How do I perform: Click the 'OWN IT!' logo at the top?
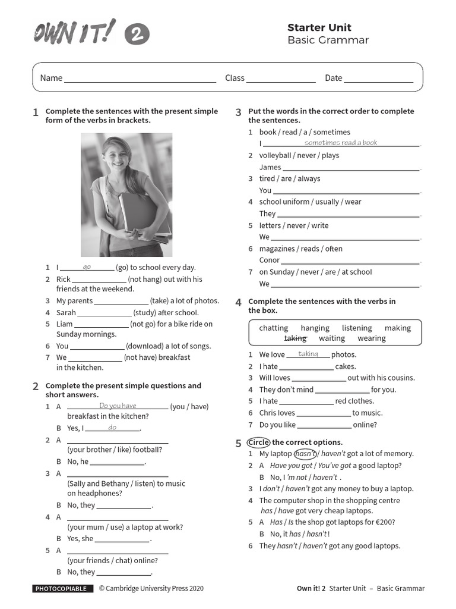click(74, 33)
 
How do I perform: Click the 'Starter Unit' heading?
click(319, 27)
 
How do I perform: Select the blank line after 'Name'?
click(140, 79)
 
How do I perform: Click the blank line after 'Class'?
click(281, 79)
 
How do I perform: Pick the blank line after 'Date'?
click(378, 79)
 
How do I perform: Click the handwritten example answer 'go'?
click(87, 267)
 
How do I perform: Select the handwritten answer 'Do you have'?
click(118, 406)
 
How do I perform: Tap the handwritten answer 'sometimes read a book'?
click(341, 143)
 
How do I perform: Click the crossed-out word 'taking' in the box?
click(295, 338)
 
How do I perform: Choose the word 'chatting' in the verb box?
click(274, 328)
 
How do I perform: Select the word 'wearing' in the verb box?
click(372, 338)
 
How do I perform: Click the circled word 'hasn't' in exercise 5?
click(306, 454)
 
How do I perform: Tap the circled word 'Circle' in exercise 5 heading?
click(258, 442)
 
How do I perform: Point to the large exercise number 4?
click(238, 303)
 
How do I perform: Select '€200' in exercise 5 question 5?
click(383, 522)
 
